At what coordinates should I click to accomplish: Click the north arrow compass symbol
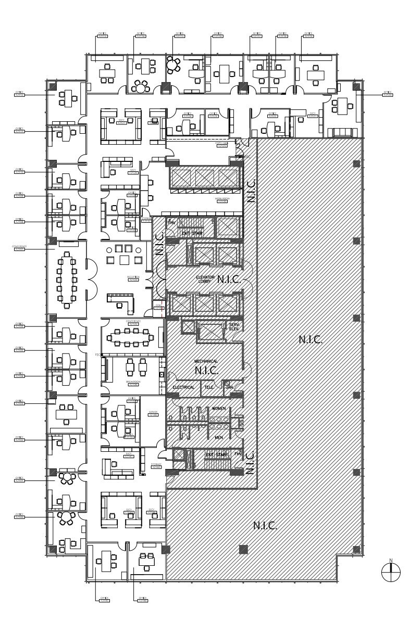point(391,572)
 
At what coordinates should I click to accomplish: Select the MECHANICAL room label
point(206,361)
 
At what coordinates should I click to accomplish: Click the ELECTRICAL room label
point(183,387)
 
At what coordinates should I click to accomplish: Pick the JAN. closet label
point(229,387)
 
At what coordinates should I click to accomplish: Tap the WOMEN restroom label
point(218,409)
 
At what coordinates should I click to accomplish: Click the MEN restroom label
point(218,437)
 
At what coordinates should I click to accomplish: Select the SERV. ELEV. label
point(233,326)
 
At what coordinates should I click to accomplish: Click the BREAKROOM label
point(133,383)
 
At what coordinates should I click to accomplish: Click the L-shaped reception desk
point(120,302)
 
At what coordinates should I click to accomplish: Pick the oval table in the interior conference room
point(131,337)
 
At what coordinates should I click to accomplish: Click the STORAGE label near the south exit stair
point(155,467)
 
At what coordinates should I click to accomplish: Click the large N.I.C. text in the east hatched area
point(310,340)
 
